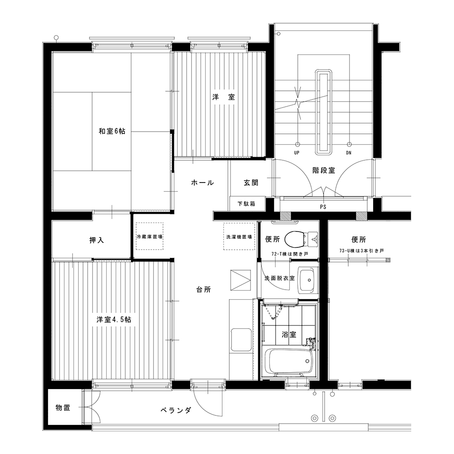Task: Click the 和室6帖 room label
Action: (112, 131)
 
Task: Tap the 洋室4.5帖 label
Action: (114, 320)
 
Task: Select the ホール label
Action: (202, 183)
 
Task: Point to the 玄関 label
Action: (251, 183)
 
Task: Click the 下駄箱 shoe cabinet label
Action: (247, 204)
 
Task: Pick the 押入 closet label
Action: (96, 240)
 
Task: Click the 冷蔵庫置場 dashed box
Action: (149, 236)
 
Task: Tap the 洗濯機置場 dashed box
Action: (239, 236)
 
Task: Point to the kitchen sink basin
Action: (241, 340)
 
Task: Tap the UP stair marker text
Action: (297, 153)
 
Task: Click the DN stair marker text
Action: (349, 153)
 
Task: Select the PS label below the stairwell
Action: (323, 207)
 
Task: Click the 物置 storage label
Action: (63, 408)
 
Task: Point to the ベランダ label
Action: (176, 410)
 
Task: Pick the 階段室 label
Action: (324, 170)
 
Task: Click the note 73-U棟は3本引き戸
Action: (362, 251)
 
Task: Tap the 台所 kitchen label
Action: (203, 290)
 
